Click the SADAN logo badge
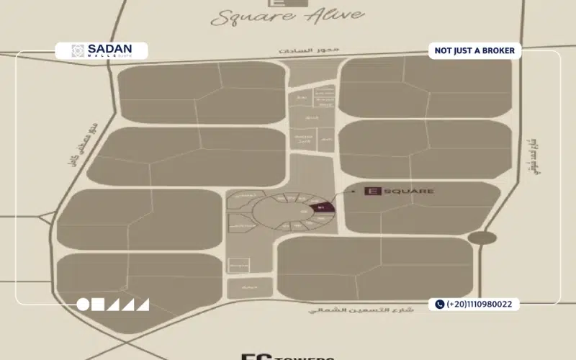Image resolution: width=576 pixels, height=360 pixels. point(102,51)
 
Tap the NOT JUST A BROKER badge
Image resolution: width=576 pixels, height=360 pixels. point(474,50)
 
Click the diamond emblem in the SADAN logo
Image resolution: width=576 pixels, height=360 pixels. point(77,50)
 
